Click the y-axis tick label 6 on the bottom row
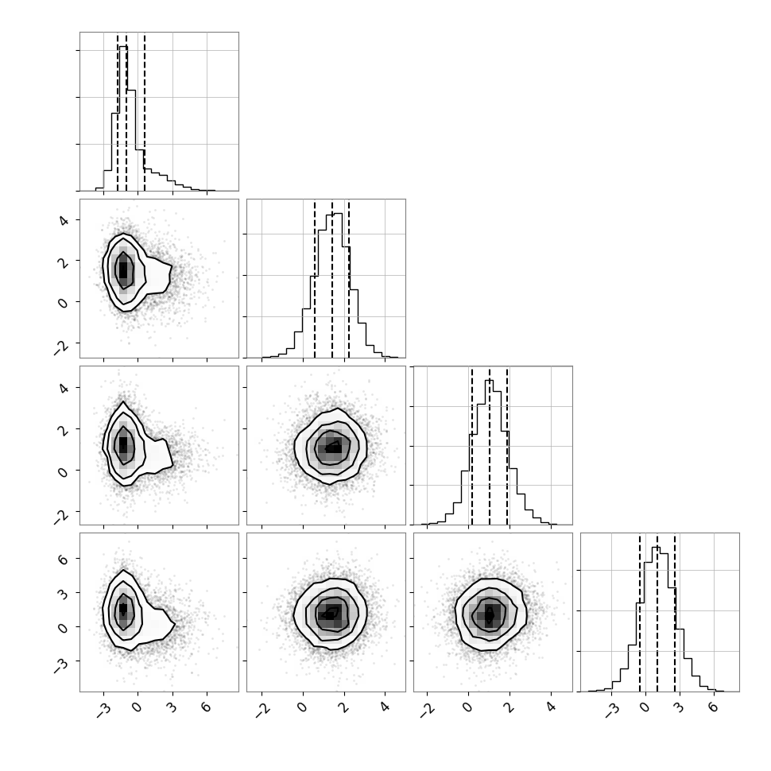64,560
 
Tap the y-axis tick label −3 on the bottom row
61,665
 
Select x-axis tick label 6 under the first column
206,707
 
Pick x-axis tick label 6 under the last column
712,707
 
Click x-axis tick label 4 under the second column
385,707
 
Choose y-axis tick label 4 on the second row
64,221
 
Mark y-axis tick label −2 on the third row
61,516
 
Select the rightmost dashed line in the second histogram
349,279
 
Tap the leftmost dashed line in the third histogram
472,447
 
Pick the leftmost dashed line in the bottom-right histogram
640,613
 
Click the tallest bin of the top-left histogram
123,118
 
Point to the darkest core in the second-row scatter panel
123,269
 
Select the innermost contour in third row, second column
333,448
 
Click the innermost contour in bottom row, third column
490,615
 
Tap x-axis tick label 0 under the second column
302,707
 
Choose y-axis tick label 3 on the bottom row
64,594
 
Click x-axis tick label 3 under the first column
171,707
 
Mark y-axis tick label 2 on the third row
64,428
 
